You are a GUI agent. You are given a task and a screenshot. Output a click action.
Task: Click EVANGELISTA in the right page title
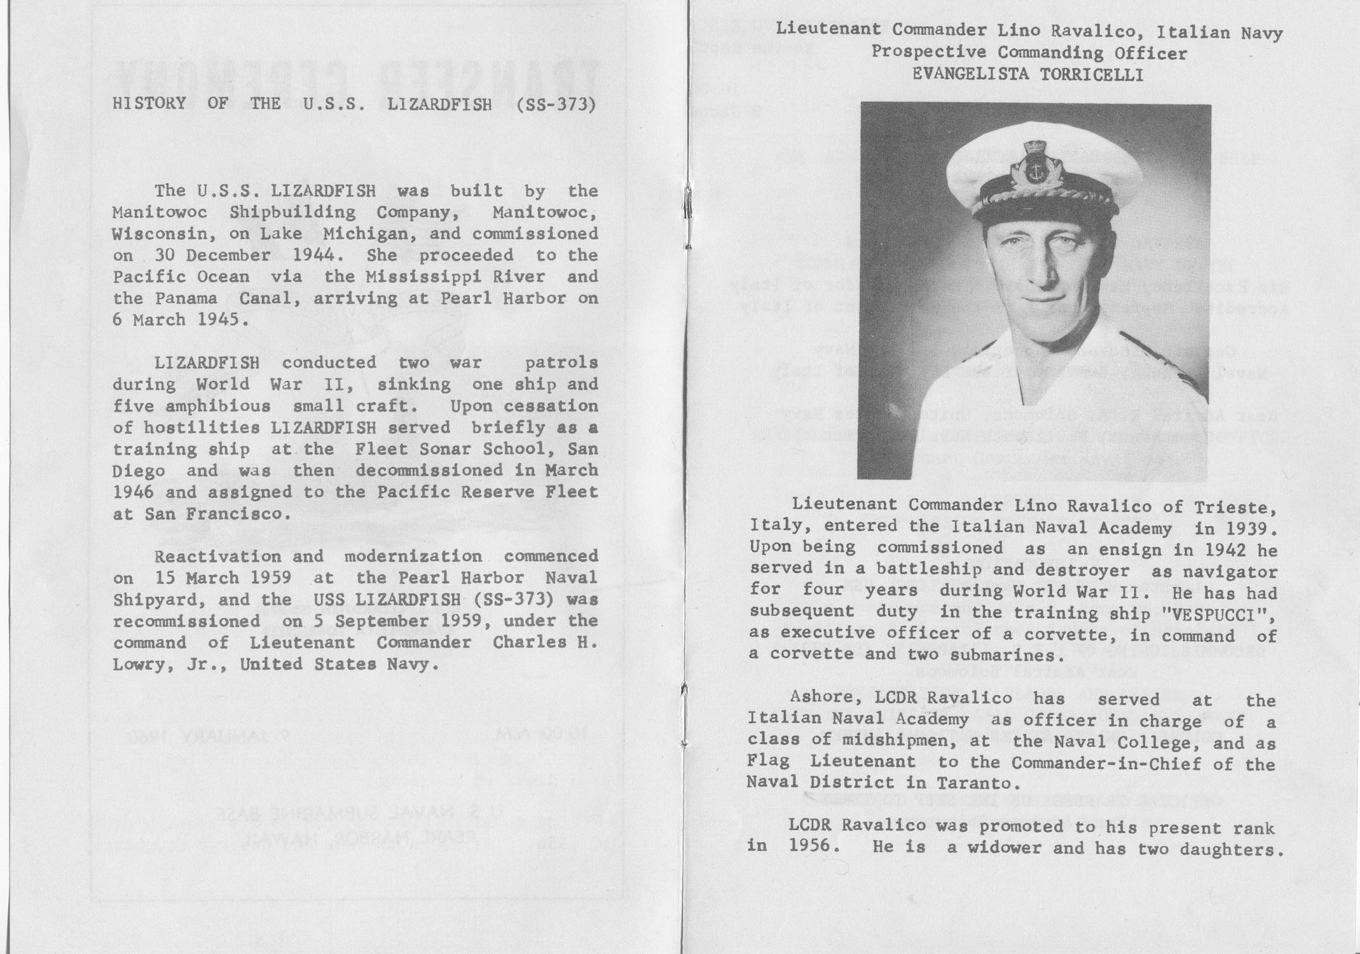[x=968, y=75]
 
